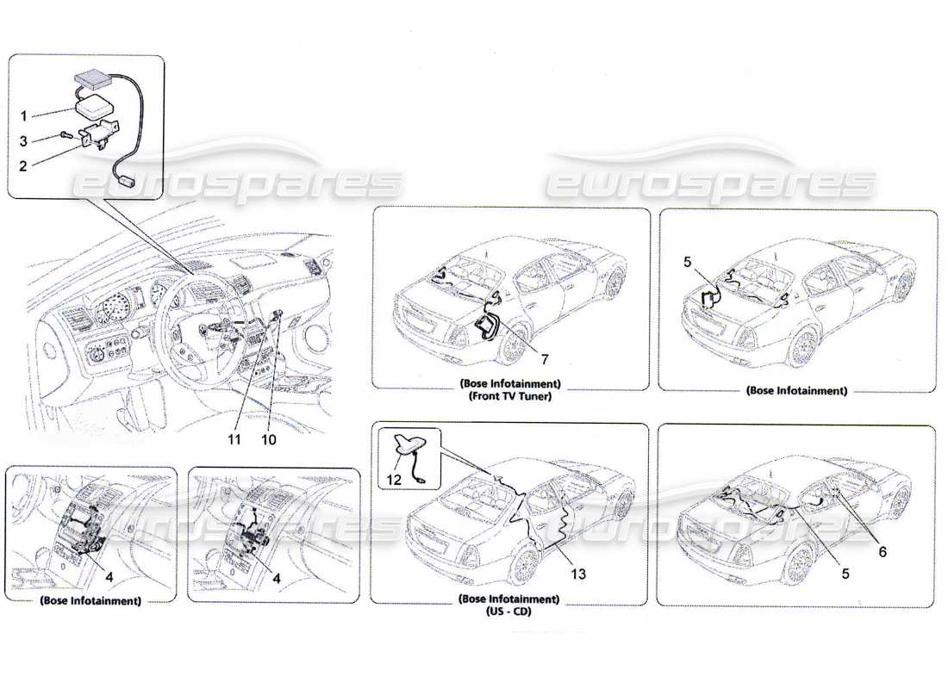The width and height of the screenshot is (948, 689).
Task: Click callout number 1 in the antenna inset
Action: pos(25,115)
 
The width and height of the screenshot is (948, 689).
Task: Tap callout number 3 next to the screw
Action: pos(25,140)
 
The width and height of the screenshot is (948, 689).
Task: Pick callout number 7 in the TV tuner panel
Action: pos(544,356)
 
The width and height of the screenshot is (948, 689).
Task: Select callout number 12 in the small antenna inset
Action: pos(395,481)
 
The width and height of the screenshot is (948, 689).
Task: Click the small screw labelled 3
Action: pos(66,134)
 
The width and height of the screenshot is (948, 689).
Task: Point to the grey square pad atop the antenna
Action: pos(88,78)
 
